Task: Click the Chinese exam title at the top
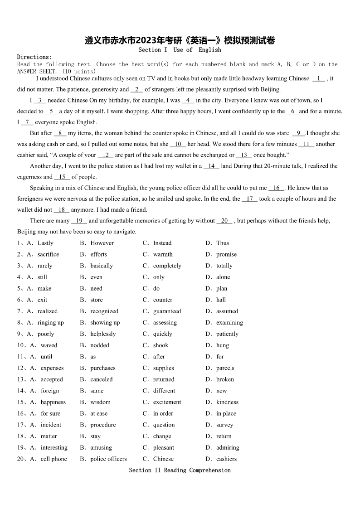(180, 41)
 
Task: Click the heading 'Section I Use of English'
(180, 50)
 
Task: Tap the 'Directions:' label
(34, 57)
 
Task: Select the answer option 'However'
(102, 243)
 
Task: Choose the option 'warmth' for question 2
(163, 254)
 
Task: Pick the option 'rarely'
(45, 266)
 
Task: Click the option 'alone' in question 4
(223, 277)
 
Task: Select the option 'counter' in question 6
(163, 300)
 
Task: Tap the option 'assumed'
(227, 311)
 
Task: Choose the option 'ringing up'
(51, 323)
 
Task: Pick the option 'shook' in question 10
(161, 345)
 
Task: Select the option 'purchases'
(103, 368)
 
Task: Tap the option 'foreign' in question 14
(50, 391)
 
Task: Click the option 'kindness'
(227, 402)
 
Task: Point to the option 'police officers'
(108, 459)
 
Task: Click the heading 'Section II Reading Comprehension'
(180, 470)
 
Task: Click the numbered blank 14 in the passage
(211, 166)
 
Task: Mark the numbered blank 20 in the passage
(224, 221)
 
